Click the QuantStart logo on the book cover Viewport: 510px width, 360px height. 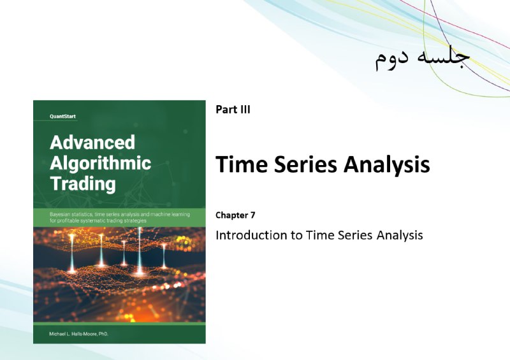[x=62, y=117]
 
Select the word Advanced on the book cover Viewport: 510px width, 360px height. [x=92, y=142]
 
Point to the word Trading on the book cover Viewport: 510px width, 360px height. [x=83, y=184]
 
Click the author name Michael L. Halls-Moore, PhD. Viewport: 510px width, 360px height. [x=78, y=334]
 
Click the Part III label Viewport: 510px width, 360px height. [x=233, y=110]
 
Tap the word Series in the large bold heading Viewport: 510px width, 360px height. [x=306, y=164]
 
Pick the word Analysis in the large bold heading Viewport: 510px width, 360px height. [x=387, y=165]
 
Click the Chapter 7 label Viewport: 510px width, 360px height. [x=235, y=215]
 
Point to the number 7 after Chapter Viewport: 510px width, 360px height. [x=252, y=215]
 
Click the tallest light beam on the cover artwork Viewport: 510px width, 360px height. [x=140, y=250]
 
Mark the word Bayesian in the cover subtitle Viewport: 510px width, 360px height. [x=59, y=214]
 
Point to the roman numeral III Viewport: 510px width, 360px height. [x=245, y=110]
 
